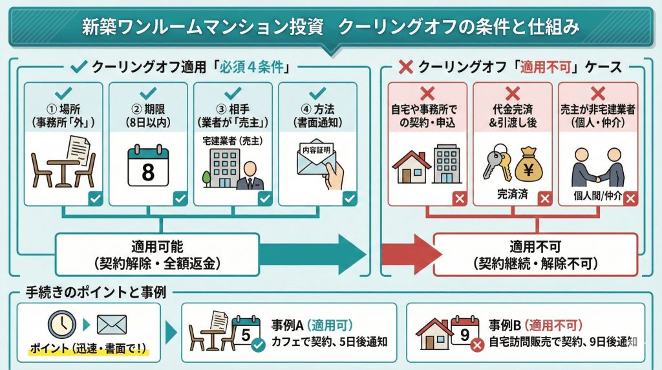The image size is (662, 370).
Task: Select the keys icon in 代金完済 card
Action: point(496,164)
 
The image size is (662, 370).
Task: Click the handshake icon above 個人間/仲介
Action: point(598,168)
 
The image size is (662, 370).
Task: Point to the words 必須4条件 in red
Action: point(255,67)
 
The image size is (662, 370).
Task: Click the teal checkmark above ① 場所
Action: point(64,92)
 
